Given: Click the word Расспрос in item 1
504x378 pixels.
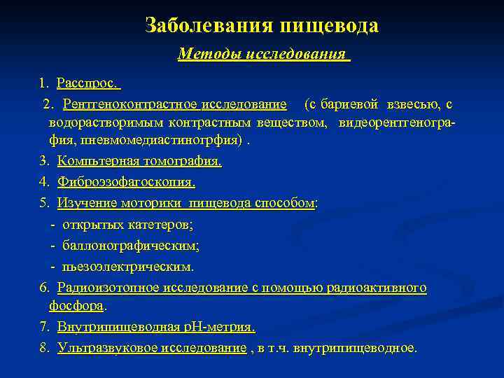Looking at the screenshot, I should point(86,84).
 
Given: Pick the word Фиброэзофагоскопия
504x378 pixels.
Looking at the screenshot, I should point(125,183).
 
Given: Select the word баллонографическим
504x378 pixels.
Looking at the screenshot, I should point(130,246).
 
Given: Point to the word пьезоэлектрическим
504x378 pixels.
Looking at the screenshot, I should point(128,267).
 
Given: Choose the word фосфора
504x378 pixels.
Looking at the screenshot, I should point(76,306).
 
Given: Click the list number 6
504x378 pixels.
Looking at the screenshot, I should point(43,288).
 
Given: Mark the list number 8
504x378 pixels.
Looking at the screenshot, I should point(43,348).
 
